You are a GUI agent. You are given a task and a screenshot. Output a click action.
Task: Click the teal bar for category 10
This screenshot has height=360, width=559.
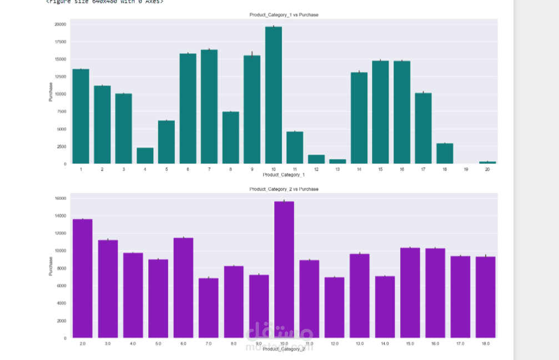(273, 95)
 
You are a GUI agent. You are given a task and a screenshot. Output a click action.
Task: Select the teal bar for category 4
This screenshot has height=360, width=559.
(145, 156)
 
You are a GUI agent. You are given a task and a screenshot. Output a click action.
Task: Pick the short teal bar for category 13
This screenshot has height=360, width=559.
(338, 161)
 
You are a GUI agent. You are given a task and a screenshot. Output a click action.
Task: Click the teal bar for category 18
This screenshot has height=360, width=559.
(445, 153)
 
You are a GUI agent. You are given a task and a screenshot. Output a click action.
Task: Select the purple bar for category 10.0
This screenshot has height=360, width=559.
(284, 269)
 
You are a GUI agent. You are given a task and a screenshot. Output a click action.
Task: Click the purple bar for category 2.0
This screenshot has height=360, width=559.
(82, 278)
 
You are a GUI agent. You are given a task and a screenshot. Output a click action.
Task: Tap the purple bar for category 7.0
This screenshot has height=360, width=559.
(208, 308)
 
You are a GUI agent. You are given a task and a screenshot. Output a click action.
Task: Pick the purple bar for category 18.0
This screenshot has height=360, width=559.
(485, 297)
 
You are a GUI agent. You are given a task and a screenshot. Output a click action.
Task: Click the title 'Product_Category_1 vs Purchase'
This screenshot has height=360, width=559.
(284, 15)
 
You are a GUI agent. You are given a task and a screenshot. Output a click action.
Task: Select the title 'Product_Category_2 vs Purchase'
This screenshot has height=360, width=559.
(284, 189)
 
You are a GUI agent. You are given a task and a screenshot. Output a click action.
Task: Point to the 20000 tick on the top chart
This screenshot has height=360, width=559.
(60, 24)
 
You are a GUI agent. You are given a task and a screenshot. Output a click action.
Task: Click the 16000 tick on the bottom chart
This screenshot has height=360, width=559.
(61, 198)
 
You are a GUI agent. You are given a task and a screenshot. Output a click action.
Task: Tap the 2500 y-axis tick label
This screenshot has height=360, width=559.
(61, 147)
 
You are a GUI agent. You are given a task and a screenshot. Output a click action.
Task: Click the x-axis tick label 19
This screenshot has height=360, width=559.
(466, 169)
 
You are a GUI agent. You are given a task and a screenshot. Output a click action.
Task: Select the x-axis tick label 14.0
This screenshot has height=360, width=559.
(385, 344)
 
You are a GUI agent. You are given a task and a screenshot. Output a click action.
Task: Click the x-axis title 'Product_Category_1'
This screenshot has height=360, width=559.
(284, 174)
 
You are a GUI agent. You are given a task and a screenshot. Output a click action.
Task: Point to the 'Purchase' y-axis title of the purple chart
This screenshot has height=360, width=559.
(51, 266)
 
